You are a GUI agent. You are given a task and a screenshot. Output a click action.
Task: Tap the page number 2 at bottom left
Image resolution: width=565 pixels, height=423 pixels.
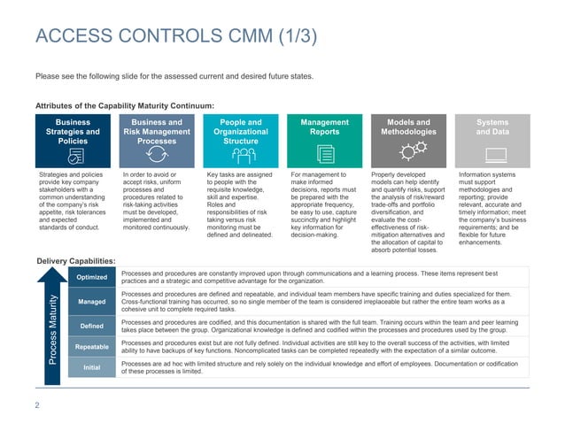(36, 405)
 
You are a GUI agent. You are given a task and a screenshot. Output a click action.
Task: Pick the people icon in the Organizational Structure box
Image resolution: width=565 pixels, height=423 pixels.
(240, 154)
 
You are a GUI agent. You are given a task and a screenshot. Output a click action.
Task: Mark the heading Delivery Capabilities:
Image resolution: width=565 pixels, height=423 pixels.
(75, 260)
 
